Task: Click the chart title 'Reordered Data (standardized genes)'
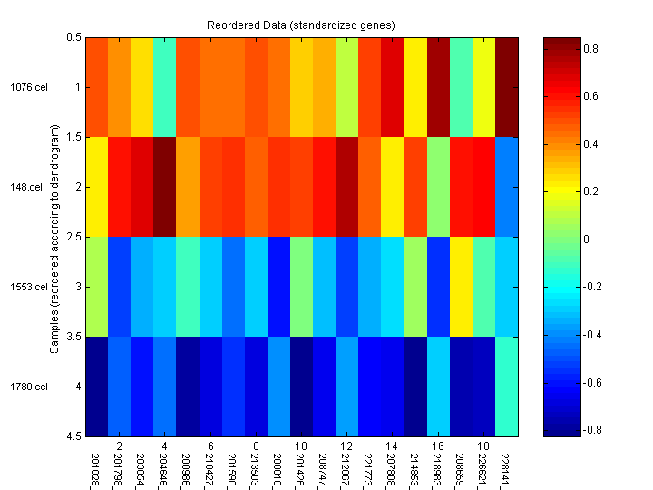[x=302, y=23]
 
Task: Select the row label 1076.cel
[x=28, y=87]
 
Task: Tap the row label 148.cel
[x=31, y=187]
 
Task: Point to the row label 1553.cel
[x=28, y=287]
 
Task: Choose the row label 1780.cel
[x=28, y=387]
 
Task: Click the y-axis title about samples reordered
[x=55, y=237]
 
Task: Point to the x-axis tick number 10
[x=302, y=446]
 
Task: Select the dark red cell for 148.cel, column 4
[x=165, y=187]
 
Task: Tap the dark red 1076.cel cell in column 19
[x=507, y=87]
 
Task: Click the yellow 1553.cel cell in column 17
[x=462, y=287]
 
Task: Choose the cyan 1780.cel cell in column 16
[x=439, y=387]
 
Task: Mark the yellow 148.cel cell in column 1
[x=97, y=187]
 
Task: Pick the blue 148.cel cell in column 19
[x=507, y=187]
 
